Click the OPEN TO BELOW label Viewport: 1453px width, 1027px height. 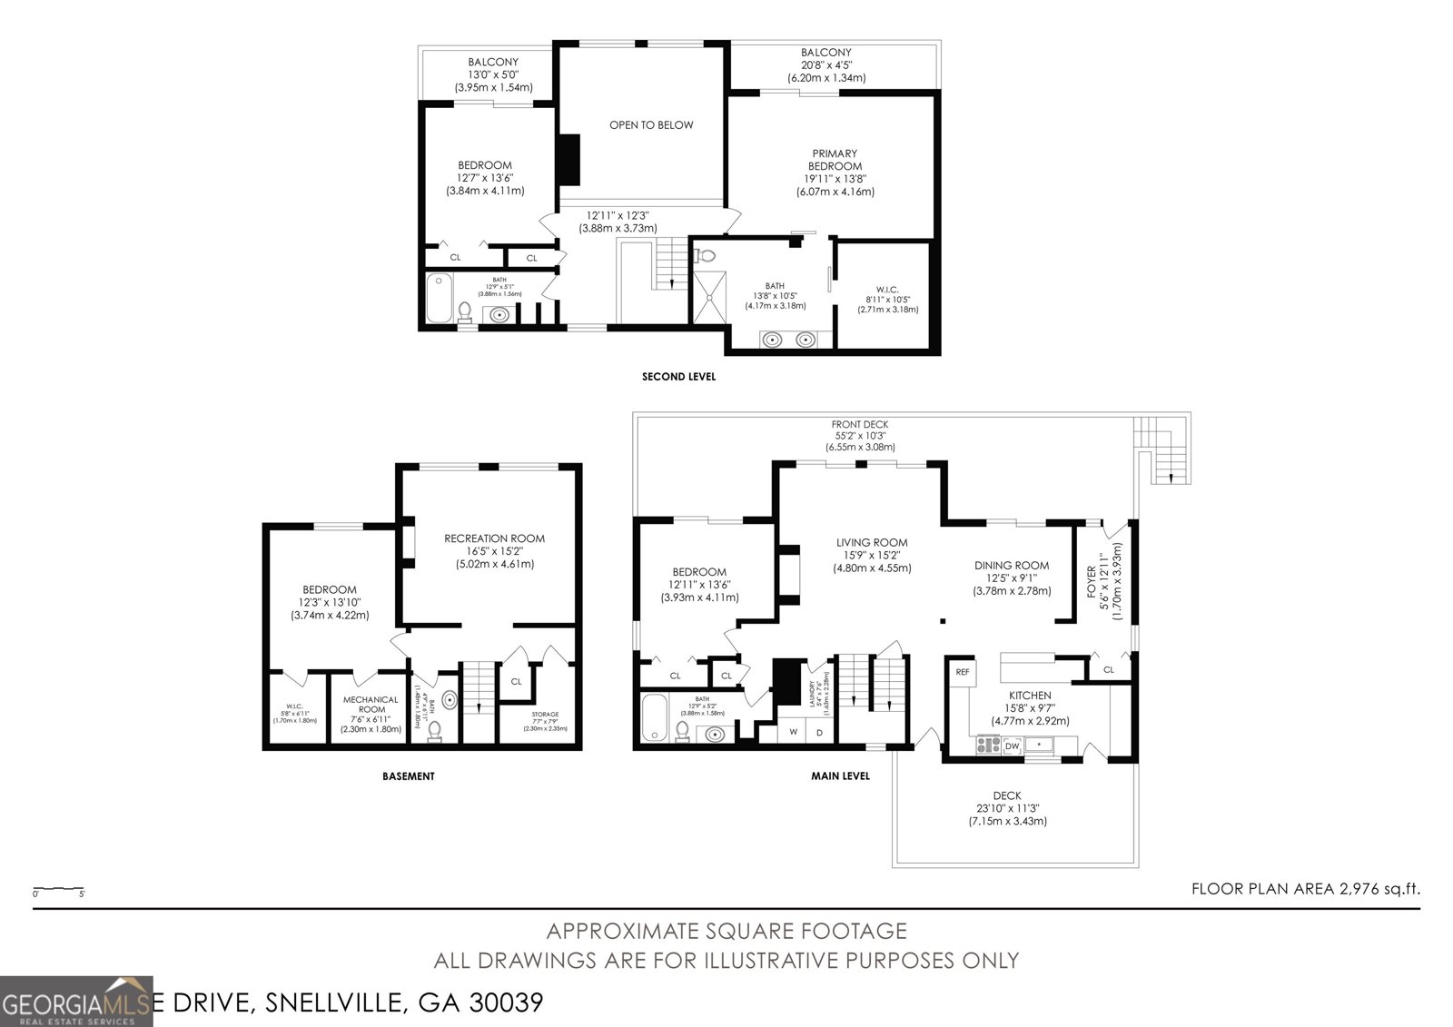650,124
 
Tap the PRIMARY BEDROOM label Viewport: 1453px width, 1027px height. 835,160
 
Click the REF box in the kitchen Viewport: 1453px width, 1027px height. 962,672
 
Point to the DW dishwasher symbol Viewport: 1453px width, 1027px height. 1012,746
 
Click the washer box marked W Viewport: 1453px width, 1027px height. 793,732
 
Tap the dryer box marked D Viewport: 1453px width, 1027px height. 819,732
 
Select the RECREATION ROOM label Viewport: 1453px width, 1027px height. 495,538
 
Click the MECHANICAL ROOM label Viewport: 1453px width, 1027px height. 371,704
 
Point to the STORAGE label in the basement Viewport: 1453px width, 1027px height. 545,715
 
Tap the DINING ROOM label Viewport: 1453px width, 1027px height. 1012,565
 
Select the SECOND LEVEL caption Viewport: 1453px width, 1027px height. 678,377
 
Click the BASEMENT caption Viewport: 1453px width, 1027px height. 408,776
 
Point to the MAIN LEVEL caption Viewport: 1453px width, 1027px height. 840,776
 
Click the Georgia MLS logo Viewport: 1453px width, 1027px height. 77,1001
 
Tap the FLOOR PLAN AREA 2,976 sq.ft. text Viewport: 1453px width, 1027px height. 1305,890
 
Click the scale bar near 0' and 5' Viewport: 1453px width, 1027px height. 58,889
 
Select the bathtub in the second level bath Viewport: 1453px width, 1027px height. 439,299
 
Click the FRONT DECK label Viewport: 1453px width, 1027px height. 859,424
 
